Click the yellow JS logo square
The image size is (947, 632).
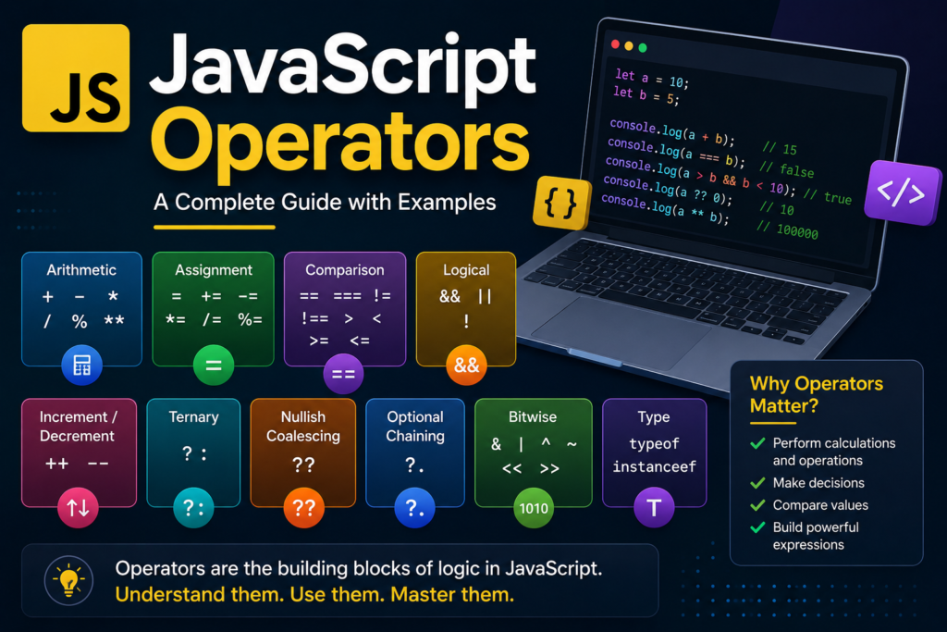[x=76, y=78]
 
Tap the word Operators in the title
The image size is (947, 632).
[x=340, y=145]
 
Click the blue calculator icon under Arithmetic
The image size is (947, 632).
[x=82, y=365]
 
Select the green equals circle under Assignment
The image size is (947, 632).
[x=214, y=365]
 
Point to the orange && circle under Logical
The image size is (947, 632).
[x=466, y=365]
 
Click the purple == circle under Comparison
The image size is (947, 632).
[x=343, y=374]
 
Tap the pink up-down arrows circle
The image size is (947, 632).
[x=78, y=507]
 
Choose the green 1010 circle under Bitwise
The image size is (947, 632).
[x=534, y=508]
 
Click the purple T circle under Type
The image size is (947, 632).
[x=654, y=507]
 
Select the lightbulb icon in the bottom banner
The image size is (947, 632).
[x=68, y=580]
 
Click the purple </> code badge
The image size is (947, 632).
[x=902, y=192]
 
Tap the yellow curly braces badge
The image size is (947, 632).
[x=561, y=203]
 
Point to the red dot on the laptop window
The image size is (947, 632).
[x=615, y=44]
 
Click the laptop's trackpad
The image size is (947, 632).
[x=622, y=330]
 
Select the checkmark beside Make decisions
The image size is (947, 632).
[x=757, y=483]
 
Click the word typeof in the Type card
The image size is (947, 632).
[x=654, y=443]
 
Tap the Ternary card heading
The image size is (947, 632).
[x=193, y=417]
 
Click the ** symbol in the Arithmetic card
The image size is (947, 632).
[x=114, y=321]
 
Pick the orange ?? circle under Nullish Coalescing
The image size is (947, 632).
[x=303, y=507]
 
